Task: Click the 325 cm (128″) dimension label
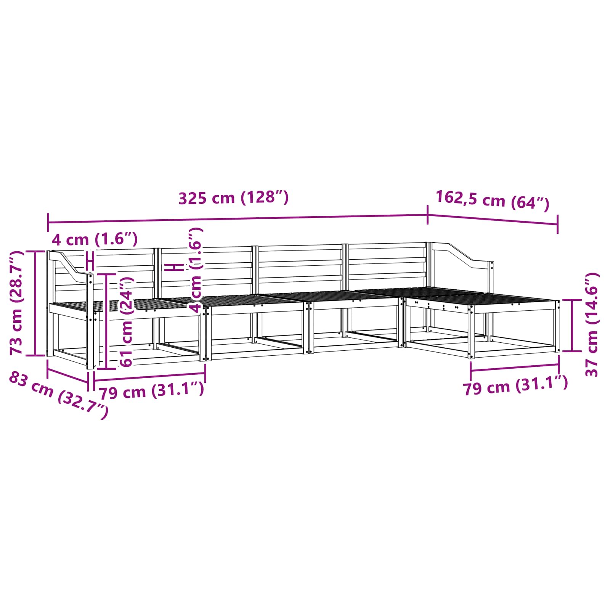[x=233, y=198]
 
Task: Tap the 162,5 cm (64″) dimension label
[x=492, y=201]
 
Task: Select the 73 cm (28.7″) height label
[x=17, y=303]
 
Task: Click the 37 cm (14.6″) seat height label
[x=592, y=324]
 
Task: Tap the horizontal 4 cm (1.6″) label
[x=95, y=239]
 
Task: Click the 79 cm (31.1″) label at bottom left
[x=151, y=390]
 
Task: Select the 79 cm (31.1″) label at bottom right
[x=515, y=386]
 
